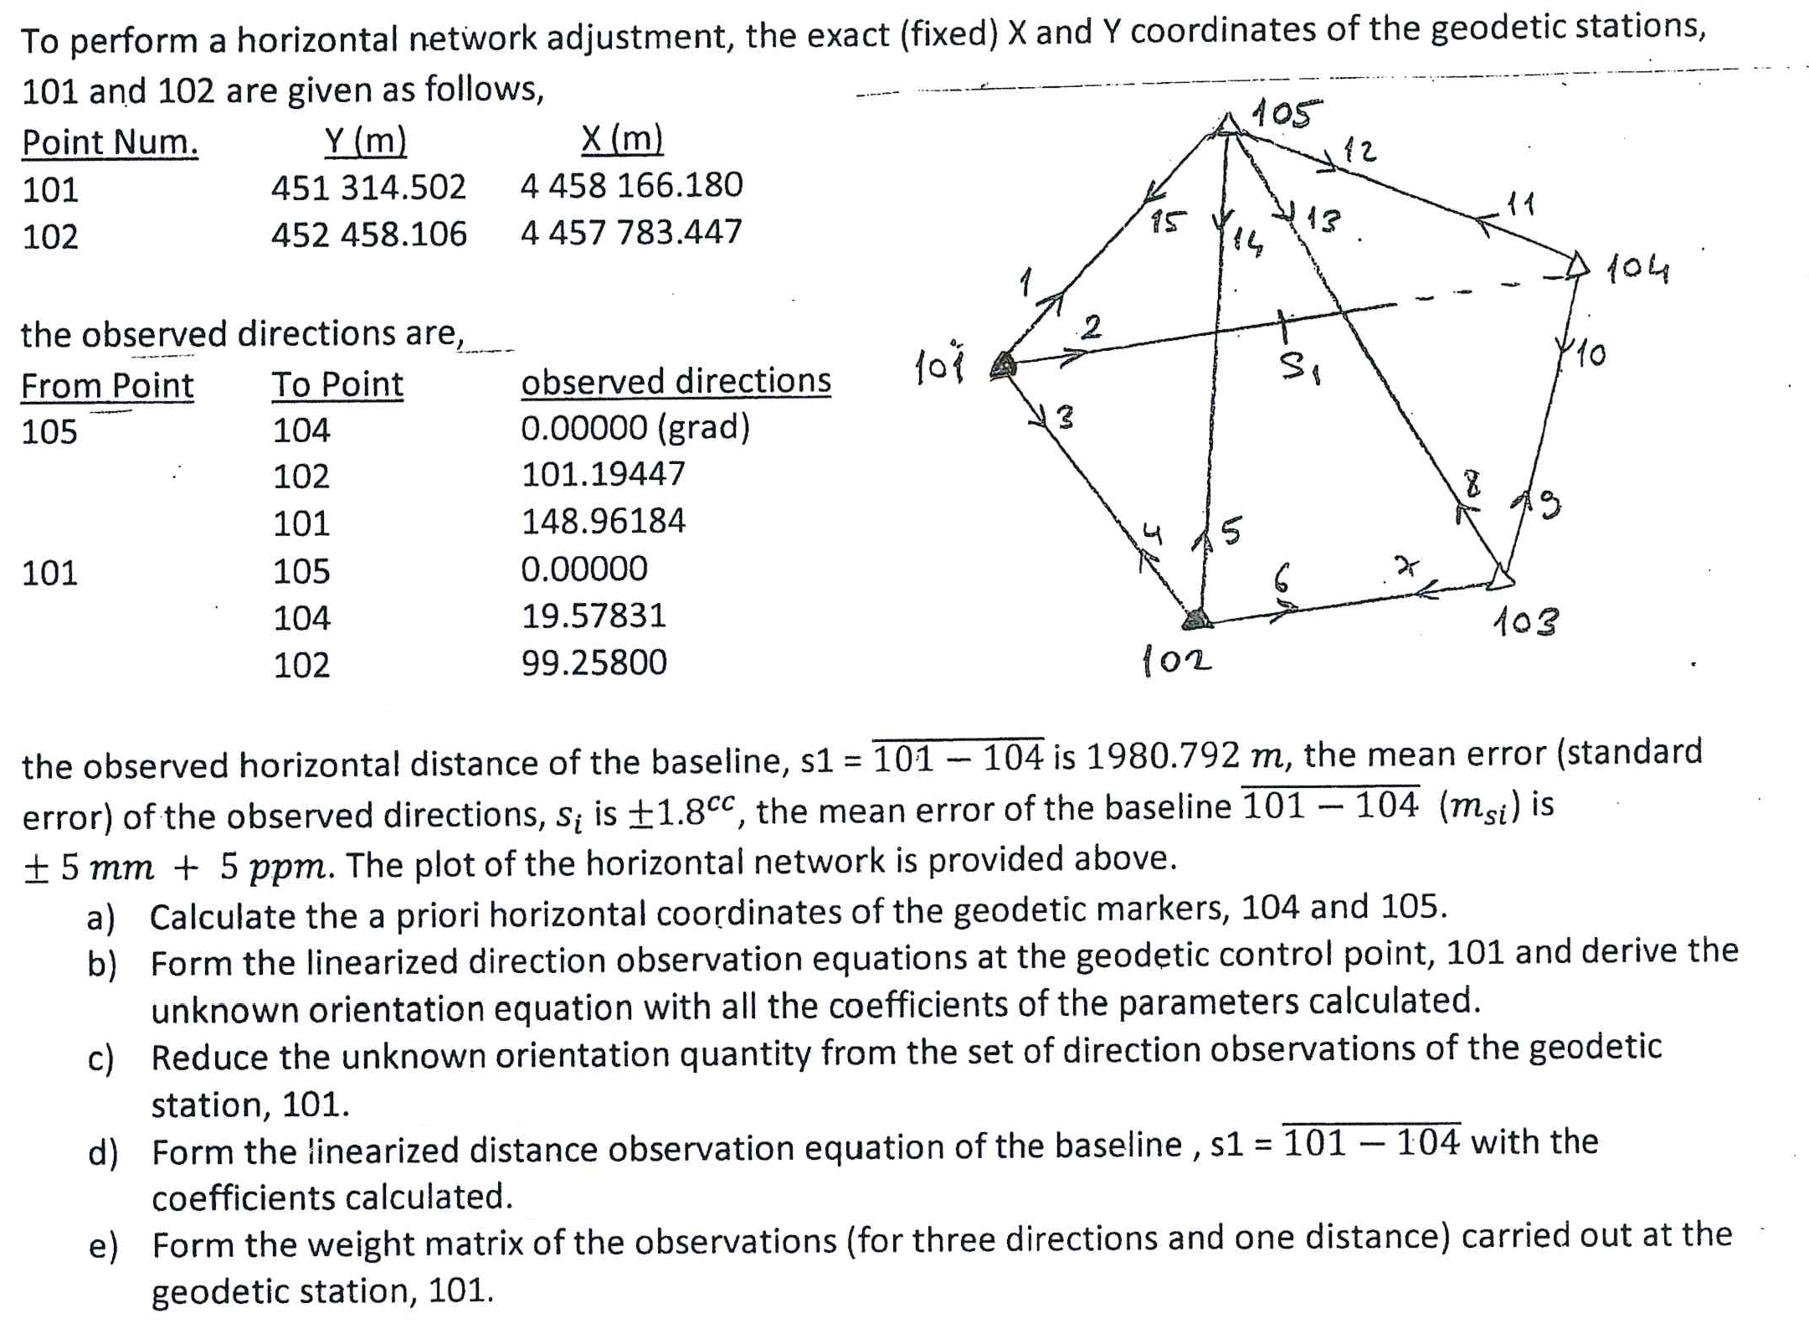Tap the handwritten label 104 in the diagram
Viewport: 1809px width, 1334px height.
[1637, 269]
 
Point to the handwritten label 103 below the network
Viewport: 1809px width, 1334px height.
[1525, 621]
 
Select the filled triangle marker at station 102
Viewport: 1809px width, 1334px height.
[1197, 619]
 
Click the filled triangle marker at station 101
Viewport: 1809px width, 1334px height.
[1003, 365]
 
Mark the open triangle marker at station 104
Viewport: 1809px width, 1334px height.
[1576, 265]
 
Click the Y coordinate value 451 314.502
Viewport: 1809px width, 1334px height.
[368, 187]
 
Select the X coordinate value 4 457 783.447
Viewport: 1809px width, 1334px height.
[631, 232]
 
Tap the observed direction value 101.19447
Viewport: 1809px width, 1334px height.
[603, 474]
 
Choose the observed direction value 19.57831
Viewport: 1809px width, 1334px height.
[594, 615]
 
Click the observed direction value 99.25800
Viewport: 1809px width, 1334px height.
[594, 662]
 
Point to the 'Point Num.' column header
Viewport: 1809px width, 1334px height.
[110, 142]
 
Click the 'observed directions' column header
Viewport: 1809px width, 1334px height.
[676, 381]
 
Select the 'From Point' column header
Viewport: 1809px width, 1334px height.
[107, 386]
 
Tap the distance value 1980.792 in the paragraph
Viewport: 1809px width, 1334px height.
[1162, 756]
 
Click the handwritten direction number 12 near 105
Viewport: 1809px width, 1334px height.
[1359, 151]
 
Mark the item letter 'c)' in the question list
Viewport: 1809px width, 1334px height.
[100, 1058]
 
